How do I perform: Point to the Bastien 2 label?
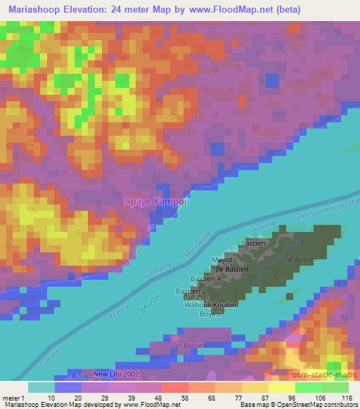(191, 291)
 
